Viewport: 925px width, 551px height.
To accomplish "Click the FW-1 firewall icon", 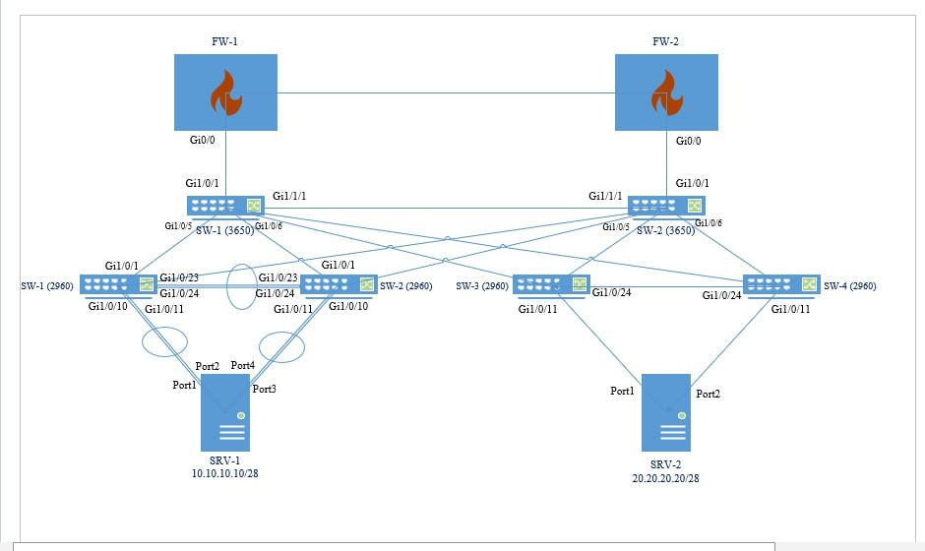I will pyautogui.click(x=225, y=92).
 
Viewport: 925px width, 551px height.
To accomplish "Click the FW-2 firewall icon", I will pyautogui.click(x=666, y=92).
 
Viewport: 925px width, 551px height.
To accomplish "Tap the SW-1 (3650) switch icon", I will pyautogui.click(x=226, y=206).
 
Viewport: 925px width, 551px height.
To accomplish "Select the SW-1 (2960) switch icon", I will pyautogui.click(x=119, y=285).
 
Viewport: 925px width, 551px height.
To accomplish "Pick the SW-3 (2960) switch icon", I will pyautogui.click(x=549, y=285).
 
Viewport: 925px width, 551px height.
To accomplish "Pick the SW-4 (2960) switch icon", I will pyautogui.click(x=781, y=285).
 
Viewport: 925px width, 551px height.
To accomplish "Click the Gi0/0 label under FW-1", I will pyautogui.click(x=203, y=142).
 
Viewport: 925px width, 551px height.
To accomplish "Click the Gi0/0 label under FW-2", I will pyautogui.click(x=689, y=142).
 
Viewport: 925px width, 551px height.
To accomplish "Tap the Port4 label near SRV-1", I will pyautogui.click(x=243, y=366).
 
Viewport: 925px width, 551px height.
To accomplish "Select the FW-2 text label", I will pyautogui.click(x=665, y=42).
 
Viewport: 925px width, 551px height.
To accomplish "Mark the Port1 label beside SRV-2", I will pyautogui.click(x=623, y=391).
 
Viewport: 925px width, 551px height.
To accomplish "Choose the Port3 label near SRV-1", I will pyautogui.click(x=265, y=389).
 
